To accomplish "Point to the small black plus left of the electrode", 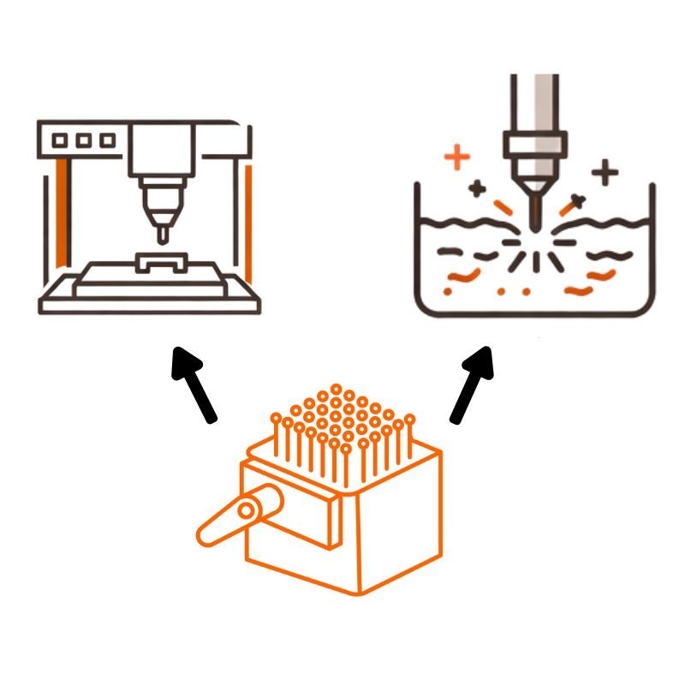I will [x=477, y=187].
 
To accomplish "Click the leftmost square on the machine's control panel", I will [x=63, y=140].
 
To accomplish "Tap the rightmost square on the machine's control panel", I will [x=106, y=140].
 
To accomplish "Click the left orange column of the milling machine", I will [x=61, y=211].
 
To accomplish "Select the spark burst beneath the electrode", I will [x=533, y=248].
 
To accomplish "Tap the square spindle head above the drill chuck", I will [x=158, y=153].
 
